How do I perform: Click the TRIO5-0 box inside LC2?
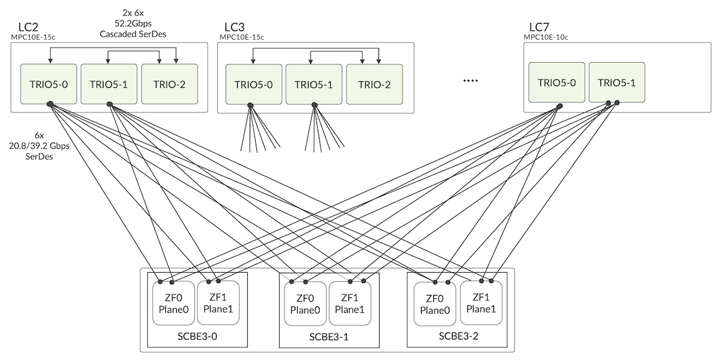click(x=49, y=84)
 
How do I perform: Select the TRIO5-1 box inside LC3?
click(x=314, y=84)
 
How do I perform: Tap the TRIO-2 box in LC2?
click(x=170, y=84)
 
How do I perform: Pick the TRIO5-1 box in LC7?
click(x=617, y=82)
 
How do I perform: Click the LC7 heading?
click(x=539, y=27)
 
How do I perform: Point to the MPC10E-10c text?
click(x=546, y=37)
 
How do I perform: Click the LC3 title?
click(x=234, y=27)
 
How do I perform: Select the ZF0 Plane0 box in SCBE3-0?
click(x=173, y=303)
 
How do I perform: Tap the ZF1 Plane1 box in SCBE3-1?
click(x=350, y=303)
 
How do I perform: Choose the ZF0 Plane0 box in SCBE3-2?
click(x=435, y=304)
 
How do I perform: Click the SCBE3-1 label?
click(x=329, y=337)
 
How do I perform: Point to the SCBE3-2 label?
click(x=458, y=336)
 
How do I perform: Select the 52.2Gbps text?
click(x=133, y=23)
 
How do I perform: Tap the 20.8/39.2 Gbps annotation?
click(x=39, y=146)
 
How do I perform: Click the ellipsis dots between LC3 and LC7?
click(x=471, y=81)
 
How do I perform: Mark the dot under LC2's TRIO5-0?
click(x=50, y=104)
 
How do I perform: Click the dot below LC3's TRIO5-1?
click(x=315, y=105)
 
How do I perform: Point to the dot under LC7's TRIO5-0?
click(x=560, y=106)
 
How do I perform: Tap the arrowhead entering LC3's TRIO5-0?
click(x=253, y=61)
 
